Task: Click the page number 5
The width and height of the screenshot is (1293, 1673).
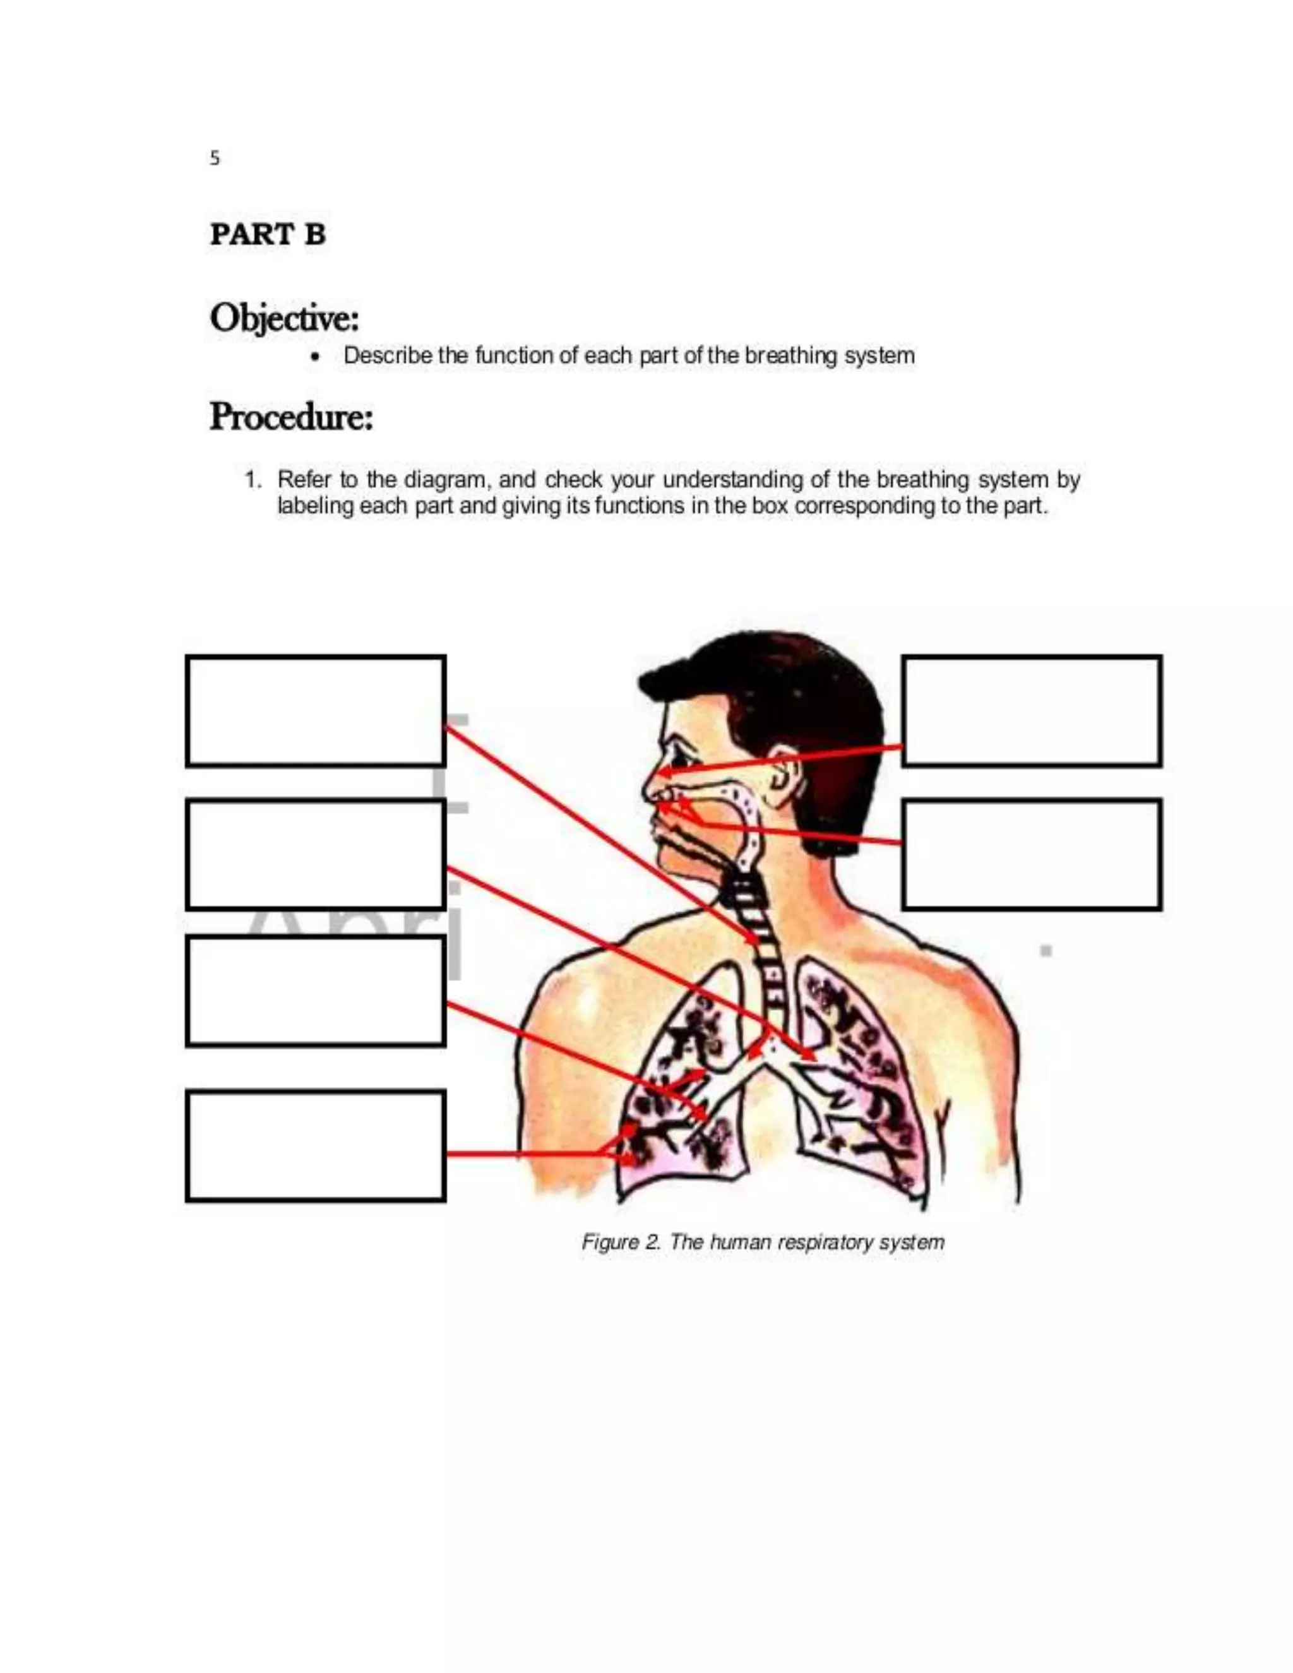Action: click(x=215, y=158)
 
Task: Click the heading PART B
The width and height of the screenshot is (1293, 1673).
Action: click(x=267, y=234)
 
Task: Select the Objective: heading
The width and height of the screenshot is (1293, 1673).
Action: click(x=284, y=318)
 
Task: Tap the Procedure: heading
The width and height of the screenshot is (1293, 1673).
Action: click(x=291, y=417)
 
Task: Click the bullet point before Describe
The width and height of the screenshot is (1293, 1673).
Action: click(x=316, y=357)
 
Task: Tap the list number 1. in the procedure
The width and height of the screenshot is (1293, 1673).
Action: click(x=252, y=480)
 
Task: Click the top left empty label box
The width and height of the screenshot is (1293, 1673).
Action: click(x=315, y=710)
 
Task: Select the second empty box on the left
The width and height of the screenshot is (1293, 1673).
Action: click(x=315, y=854)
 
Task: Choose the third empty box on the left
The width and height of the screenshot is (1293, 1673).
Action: click(x=315, y=991)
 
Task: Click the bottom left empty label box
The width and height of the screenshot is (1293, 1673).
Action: click(x=315, y=1145)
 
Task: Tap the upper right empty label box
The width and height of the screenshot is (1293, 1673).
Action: click(x=1031, y=710)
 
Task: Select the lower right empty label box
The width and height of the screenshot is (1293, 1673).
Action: click(x=1031, y=854)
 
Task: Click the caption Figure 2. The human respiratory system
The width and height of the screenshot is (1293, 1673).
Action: click(x=762, y=1242)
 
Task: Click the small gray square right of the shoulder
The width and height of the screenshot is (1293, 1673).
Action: click(x=1046, y=951)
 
